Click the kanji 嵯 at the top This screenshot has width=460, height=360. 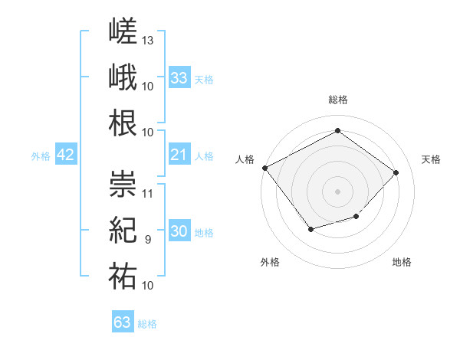point(123,31)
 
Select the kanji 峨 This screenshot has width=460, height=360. point(123,77)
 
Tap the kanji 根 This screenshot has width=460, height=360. point(123,123)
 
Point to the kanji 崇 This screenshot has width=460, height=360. point(123,184)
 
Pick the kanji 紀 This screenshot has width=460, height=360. point(123,230)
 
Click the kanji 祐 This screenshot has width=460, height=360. point(123,276)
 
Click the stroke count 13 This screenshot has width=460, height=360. point(147,41)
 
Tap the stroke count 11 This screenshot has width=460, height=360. point(147,194)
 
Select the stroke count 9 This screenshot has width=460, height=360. point(148,240)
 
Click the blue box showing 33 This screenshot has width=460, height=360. point(179,77)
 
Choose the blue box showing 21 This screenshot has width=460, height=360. point(179,154)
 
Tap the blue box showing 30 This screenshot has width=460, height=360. point(179,230)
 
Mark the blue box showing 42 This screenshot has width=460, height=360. point(66,154)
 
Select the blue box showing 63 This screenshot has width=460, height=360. point(123,321)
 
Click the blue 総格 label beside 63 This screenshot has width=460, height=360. point(147,324)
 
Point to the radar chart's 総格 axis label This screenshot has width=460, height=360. point(338,100)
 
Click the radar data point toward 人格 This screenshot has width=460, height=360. point(265,168)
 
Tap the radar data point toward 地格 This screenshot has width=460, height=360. point(356,216)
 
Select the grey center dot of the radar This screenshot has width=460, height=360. point(337,191)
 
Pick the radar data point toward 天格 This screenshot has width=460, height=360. point(396,172)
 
